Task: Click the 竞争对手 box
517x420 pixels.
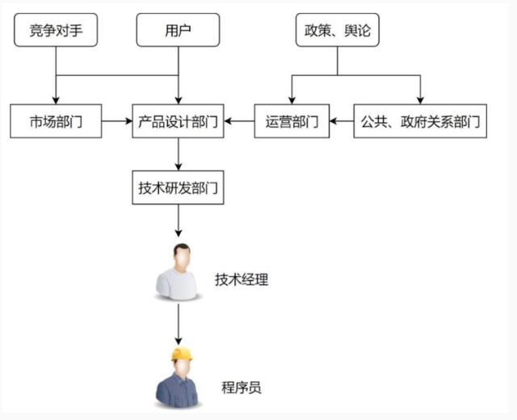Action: click(57, 31)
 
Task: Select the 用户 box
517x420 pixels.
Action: click(178, 31)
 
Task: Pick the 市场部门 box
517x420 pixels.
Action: click(57, 121)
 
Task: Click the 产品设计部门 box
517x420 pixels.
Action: click(178, 121)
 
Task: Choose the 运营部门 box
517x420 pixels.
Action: click(292, 121)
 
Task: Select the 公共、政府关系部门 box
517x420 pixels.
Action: click(420, 121)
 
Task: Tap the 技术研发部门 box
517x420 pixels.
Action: click(178, 187)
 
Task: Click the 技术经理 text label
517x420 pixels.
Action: click(241, 280)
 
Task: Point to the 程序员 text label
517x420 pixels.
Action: click(241, 388)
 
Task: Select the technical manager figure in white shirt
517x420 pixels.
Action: click(179, 275)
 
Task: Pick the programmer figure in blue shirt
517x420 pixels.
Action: click(179, 381)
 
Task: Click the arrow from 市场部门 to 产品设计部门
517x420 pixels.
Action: click(118, 121)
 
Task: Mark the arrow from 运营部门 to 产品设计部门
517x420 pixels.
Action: click(239, 121)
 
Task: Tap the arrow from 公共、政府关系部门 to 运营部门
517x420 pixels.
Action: click(342, 121)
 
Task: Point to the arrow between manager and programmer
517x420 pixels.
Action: click(178, 326)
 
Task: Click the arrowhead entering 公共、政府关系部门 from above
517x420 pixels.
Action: click(420, 99)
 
